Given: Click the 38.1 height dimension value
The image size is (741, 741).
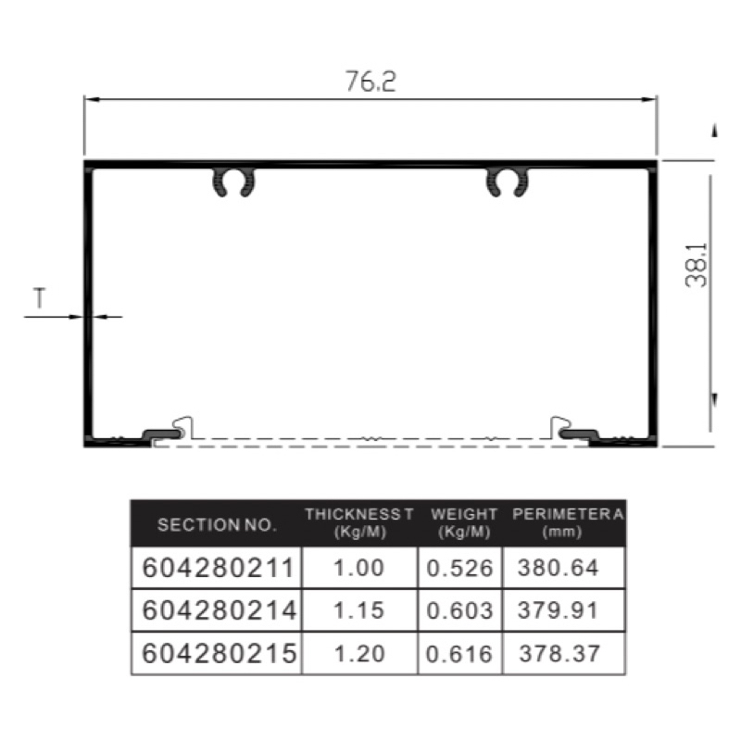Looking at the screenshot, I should pos(697,266).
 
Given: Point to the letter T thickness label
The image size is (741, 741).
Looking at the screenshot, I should pos(40,298).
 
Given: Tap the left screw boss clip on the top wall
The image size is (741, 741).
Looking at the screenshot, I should pos(233,182).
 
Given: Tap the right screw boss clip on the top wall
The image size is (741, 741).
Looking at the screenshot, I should pos(508,182).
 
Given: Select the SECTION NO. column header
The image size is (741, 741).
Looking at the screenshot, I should pos(217,525).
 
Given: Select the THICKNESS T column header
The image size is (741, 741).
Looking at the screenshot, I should pos(358,523).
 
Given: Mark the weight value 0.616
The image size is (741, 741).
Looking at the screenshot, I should pos(459,654).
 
